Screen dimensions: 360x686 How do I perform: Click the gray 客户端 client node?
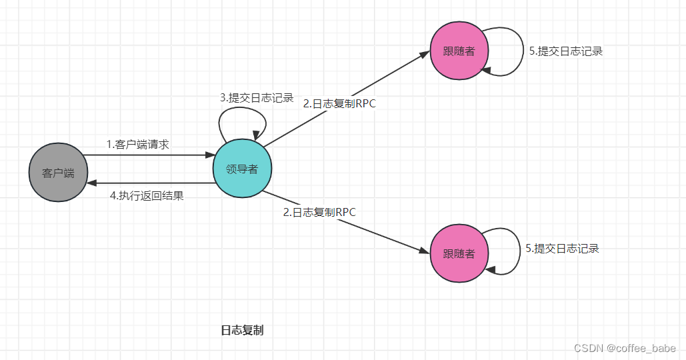(58, 173)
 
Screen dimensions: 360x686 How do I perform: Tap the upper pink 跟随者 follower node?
(459, 51)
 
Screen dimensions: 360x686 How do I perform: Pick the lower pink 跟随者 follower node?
(459, 254)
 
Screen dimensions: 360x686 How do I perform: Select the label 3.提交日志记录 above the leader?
(257, 98)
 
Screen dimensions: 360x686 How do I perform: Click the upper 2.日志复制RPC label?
(339, 103)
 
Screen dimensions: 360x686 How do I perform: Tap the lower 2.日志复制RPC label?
(319, 213)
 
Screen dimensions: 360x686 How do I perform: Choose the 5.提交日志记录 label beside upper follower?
(565, 51)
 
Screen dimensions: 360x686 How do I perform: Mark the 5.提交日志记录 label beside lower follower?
(562, 249)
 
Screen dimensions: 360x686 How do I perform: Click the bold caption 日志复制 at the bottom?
(242, 330)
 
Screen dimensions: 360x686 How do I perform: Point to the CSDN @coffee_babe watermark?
(625, 348)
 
